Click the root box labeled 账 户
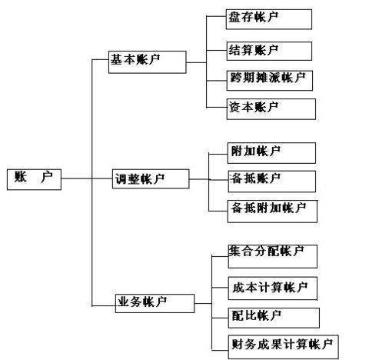[33, 178]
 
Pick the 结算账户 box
[269, 51]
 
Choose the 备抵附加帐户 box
[272, 208]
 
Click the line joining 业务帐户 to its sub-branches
[202, 302]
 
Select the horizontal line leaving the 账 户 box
[76, 179]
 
